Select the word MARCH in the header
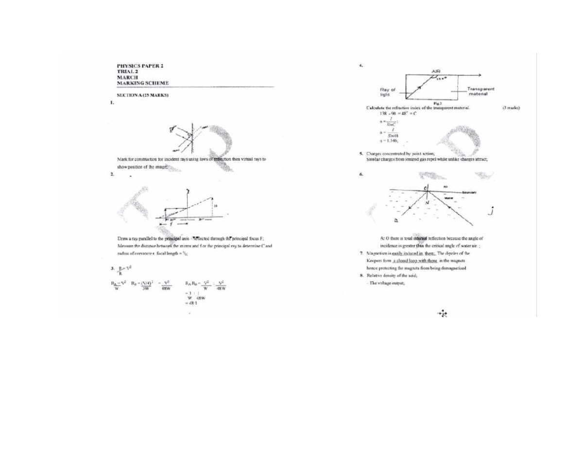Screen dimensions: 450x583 coord(127,77)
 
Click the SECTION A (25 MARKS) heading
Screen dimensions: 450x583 coord(142,96)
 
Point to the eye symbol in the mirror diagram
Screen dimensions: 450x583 coord(172,130)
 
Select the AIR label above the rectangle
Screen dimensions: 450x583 coord(436,71)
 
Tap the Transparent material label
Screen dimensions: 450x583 coord(480,91)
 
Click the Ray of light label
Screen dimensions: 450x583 coord(388,91)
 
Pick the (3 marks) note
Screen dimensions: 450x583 coord(511,108)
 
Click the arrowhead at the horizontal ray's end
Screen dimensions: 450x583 coord(479,75)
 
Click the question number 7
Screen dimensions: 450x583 coord(361,253)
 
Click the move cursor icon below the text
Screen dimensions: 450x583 coord(442,314)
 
